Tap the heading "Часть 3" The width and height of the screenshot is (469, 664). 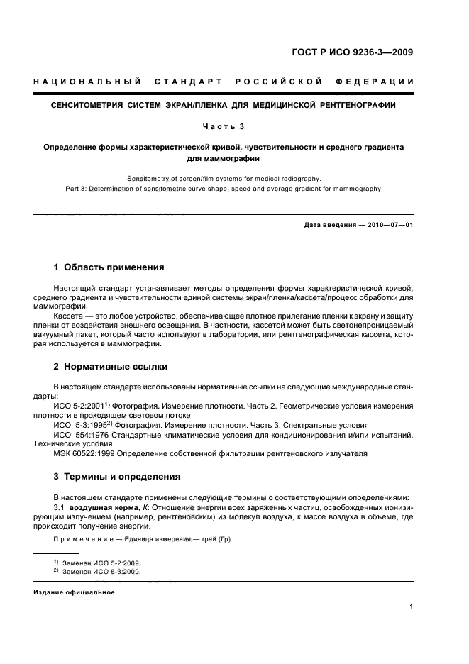tap(224, 127)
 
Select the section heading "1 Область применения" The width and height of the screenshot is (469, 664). tap(109, 267)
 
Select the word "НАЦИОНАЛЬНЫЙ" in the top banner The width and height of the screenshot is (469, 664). tap(87, 83)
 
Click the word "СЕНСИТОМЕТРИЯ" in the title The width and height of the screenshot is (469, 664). tap(91, 105)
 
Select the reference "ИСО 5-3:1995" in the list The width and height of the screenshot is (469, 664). tap(80, 424)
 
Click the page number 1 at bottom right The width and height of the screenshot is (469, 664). tap(411, 607)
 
